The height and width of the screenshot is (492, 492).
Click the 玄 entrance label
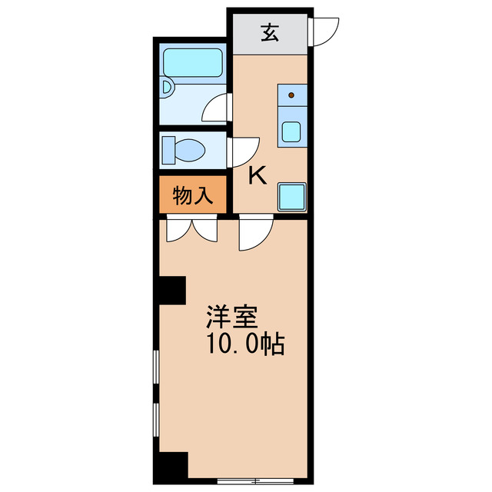pos(269,34)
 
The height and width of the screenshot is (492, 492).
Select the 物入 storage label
pos(192,195)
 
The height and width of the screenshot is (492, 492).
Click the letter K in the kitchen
pos(258,176)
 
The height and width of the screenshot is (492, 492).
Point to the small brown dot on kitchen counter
pos(291,96)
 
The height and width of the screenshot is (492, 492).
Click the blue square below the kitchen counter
pos(292,197)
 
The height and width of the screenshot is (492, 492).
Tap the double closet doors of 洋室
pos(192,229)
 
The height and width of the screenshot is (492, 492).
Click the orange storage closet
pos(192,195)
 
